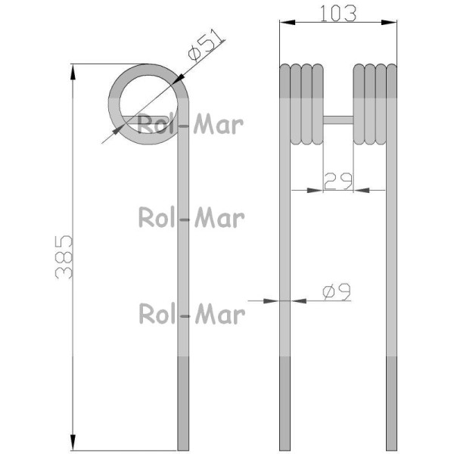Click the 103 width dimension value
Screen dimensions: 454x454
coord(338,14)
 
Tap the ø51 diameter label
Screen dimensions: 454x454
coord(206,45)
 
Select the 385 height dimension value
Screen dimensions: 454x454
coord(64,257)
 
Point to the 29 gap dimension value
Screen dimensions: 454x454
coord(338,182)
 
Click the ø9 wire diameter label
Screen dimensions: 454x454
coord(337,292)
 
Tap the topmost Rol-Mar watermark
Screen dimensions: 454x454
coord(190,124)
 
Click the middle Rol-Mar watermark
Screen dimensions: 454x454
coord(191,217)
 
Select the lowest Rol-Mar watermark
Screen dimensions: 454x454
coord(192,313)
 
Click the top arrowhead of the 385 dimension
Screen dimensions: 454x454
coord(73,72)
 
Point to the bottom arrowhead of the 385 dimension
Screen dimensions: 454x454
coord(73,443)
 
